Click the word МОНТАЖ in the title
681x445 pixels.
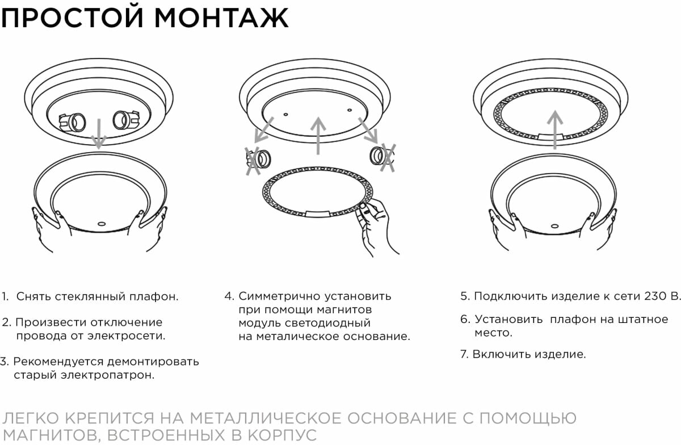[222, 18]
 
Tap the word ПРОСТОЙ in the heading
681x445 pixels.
[73, 18]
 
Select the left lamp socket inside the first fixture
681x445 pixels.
[73, 121]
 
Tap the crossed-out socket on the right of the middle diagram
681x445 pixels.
[381, 156]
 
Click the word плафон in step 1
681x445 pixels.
[154, 296]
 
